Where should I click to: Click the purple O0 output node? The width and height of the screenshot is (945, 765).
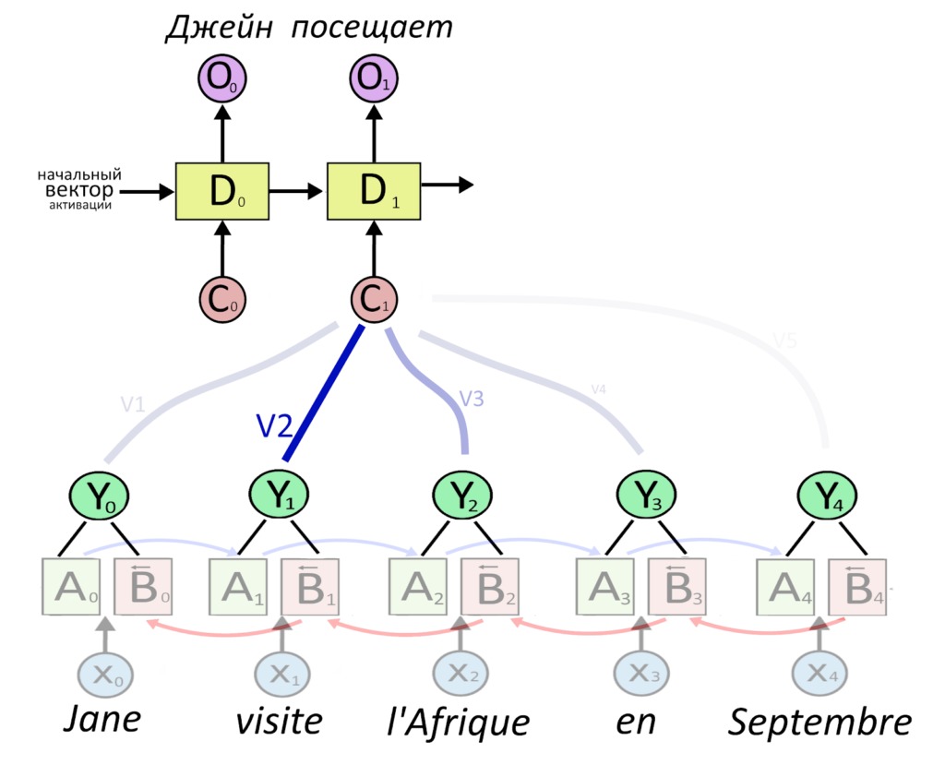click(x=221, y=79)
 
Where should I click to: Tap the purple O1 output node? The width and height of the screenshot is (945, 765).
click(x=374, y=79)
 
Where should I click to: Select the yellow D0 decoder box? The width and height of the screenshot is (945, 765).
click(x=221, y=192)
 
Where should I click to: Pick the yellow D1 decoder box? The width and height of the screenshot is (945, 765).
click(x=374, y=192)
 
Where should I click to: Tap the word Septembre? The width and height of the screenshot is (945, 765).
click(x=819, y=723)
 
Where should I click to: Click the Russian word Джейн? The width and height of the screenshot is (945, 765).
click(x=220, y=27)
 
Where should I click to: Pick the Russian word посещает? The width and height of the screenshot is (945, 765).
click(x=372, y=27)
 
